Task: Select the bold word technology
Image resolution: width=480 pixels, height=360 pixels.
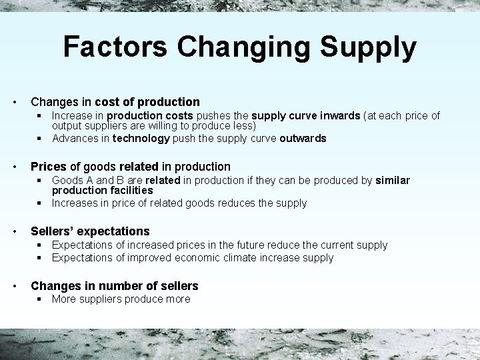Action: coord(141,139)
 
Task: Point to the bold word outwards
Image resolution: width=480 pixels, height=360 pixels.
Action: coord(303,139)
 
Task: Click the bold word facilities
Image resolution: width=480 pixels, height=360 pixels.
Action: coord(129,190)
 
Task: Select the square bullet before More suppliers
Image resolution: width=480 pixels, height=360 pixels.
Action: coord(41,299)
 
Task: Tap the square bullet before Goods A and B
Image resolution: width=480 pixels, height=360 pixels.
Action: coord(41,181)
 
